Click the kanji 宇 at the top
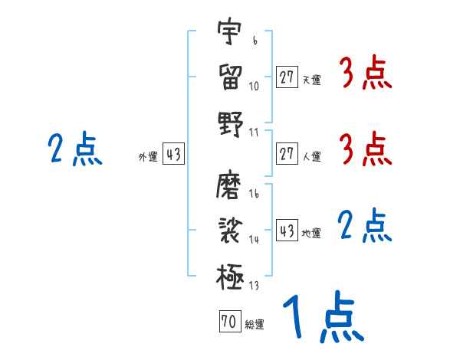coord(229,34)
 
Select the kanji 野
coord(229,123)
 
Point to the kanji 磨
coord(229,186)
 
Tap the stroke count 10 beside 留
coord(254,86)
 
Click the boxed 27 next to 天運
coord(287,77)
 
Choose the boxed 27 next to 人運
coord(287,154)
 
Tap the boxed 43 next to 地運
coord(287,231)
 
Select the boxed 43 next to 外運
coord(173,155)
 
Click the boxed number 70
coord(228,322)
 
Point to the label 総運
coord(255,325)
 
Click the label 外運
coord(148,157)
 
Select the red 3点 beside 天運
coord(366,74)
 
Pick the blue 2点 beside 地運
coord(366,226)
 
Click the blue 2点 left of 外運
coord(74,149)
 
